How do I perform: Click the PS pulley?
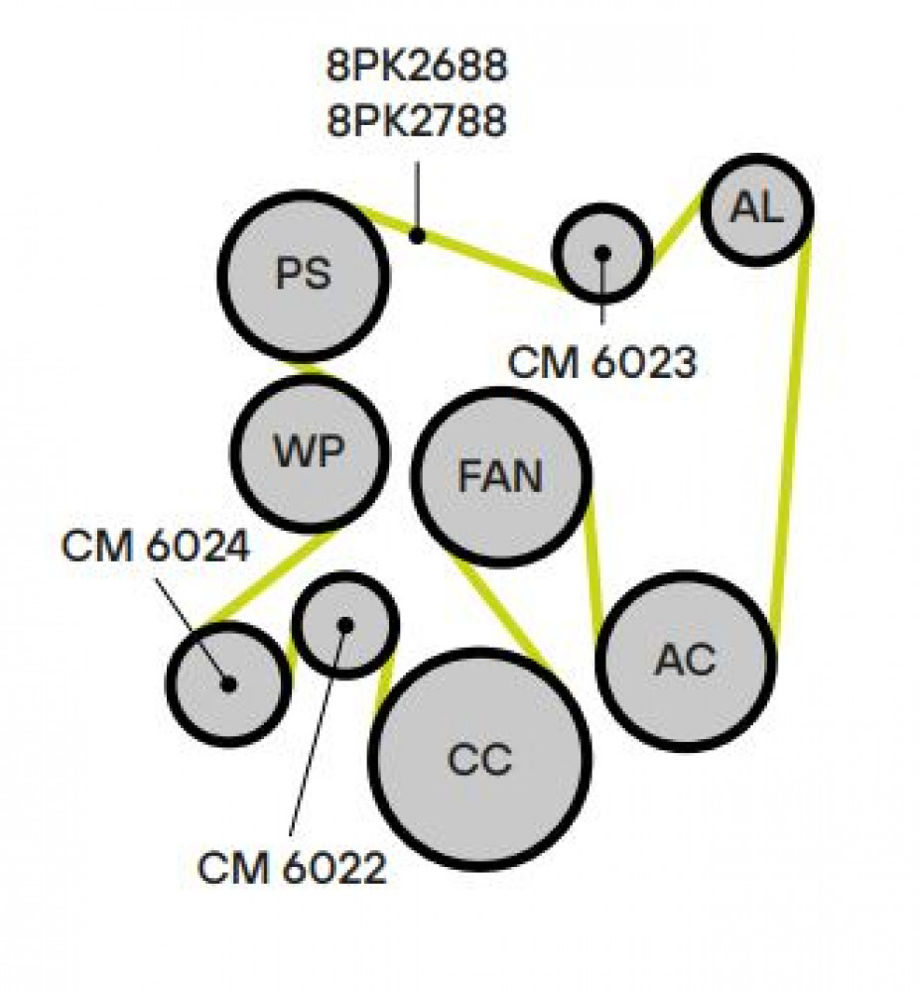(304, 275)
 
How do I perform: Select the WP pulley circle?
(310, 453)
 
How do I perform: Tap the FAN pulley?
(501, 476)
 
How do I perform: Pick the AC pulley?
(686, 661)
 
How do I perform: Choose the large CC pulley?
(479, 759)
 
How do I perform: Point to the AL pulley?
(757, 208)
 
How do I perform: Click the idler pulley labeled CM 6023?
(602, 253)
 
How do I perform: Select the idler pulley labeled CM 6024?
(229, 683)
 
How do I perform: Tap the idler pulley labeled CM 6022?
(344, 625)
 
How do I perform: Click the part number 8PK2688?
(417, 64)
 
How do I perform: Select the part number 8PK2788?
(417, 120)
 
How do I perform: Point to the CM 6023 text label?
(601, 362)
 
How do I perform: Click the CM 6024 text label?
(156, 546)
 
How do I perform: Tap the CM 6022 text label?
(292, 867)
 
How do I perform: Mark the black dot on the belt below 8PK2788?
(417, 235)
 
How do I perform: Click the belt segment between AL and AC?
(791, 448)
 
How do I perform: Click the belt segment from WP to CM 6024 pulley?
(269, 577)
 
